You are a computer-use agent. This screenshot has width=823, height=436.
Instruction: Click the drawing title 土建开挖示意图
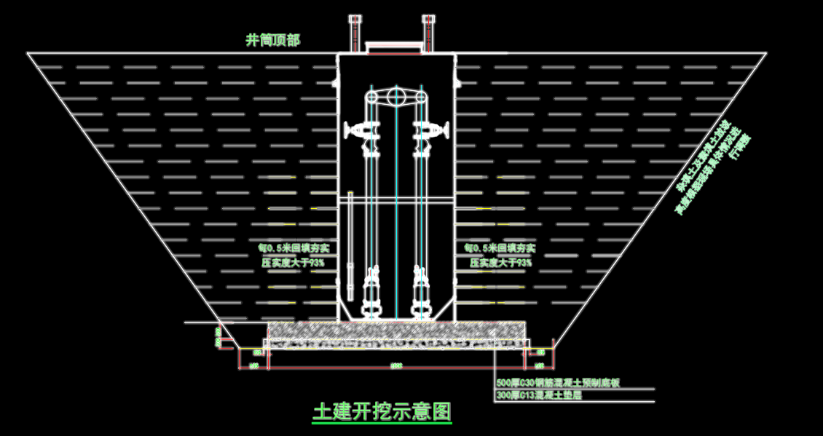point(382,412)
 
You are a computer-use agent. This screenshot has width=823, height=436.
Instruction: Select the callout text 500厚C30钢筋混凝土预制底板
point(557,383)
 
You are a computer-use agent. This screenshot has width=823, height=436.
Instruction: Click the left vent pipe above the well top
point(355,32)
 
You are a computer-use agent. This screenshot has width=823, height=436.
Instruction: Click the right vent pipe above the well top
point(428,32)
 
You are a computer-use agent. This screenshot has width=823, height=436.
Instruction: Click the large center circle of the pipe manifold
point(395,96)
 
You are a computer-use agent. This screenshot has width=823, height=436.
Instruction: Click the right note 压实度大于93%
point(499,263)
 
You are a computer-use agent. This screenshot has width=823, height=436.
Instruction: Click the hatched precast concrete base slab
point(396,330)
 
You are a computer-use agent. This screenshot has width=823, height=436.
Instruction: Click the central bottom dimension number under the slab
point(396,363)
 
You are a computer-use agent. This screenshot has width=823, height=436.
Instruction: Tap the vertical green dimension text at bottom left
point(218,336)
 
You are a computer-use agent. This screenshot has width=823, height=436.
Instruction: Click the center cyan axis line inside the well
point(395,218)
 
